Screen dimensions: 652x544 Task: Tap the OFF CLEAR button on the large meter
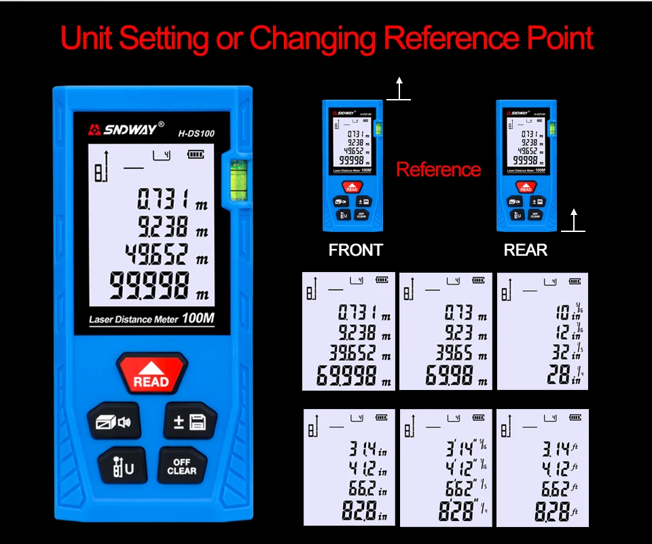click(181, 466)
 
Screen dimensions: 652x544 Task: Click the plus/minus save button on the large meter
click(189, 423)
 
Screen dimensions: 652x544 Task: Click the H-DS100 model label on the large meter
click(196, 134)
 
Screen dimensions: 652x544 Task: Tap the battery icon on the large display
click(196, 154)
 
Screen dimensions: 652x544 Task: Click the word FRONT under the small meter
click(355, 250)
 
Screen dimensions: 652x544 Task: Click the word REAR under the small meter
click(525, 250)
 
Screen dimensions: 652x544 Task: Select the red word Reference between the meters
click(438, 170)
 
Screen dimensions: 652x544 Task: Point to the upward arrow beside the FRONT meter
click(399, 89)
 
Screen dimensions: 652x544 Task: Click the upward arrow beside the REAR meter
click(574, 220)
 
